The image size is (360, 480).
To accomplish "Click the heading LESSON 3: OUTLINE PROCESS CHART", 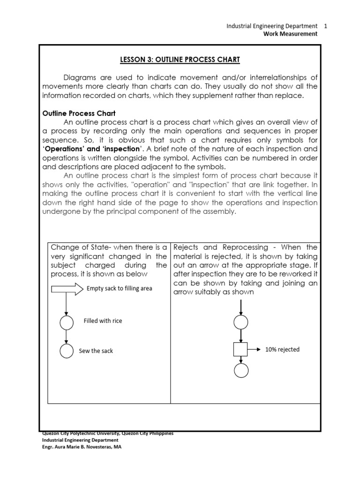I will pos(180,60).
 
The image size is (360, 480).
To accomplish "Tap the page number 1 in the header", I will pos(325,26).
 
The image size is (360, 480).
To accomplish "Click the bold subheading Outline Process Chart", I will pos(79,113).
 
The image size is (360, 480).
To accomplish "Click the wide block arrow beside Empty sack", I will pos(67,288).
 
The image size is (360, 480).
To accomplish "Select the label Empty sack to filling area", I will pos(119,288).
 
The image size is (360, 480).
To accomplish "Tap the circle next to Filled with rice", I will pos(67,322).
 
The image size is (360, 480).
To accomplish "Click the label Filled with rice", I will pos(103,321).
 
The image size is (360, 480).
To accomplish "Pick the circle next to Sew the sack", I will pos(67,351).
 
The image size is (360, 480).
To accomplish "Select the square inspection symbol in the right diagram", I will pos(240,349).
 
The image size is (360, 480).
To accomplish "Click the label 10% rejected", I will pos(282,349).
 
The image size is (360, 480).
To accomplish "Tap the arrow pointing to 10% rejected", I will pos(255,349).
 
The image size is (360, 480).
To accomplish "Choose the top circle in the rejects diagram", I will pos(240,322).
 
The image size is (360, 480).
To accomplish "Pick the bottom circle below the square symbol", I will pos(240,370).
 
